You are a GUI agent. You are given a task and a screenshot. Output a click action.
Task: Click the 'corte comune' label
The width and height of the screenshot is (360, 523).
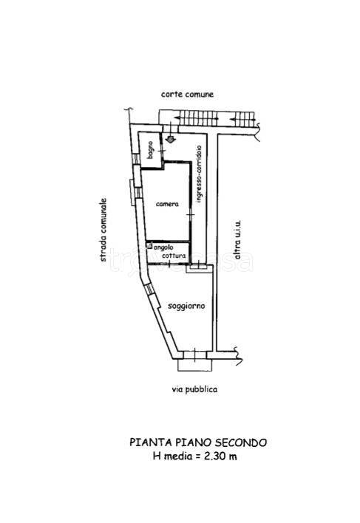(x=187, y=95)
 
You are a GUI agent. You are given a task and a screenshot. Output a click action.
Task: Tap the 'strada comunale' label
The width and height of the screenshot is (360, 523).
(x=103, y=230)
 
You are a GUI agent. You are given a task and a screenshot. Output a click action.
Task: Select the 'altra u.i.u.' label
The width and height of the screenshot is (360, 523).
(x=237, y=239)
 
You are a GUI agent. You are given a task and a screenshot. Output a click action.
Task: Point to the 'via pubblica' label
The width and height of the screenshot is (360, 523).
(x=195, y=389)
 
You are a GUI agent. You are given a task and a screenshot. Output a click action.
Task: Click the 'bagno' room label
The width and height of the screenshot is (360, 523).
(x=150, y=150)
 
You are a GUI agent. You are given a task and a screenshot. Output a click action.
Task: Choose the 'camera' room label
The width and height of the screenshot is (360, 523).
(x=167, y=204)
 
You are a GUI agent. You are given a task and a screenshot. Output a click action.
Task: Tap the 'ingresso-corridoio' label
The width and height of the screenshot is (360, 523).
(x=199, y=174)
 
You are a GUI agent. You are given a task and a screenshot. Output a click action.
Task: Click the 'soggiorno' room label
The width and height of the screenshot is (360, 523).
(x=186, y=306)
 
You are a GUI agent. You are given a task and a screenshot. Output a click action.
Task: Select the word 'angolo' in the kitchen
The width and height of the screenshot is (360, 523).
(x=163, y=247)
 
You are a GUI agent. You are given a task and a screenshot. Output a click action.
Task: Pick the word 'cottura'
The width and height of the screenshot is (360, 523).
(x=174, y=256)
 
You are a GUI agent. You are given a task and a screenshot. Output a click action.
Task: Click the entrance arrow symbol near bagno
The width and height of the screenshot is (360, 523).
(x=170, y=138)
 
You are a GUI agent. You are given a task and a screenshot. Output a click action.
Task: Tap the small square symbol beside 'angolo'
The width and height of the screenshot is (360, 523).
(x=150, y=246)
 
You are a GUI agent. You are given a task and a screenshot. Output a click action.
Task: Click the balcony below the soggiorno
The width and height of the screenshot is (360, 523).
(x=194, y=365)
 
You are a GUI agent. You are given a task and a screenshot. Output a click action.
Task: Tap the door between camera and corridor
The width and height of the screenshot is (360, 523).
(x=191, y=214)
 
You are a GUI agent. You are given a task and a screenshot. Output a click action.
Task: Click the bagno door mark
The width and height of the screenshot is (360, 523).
(x=162, y=151)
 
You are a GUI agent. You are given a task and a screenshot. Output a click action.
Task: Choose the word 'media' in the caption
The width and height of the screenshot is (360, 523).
(x=178, y=456)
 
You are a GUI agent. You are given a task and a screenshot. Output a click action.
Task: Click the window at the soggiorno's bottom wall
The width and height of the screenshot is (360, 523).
(x=194, y=355)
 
